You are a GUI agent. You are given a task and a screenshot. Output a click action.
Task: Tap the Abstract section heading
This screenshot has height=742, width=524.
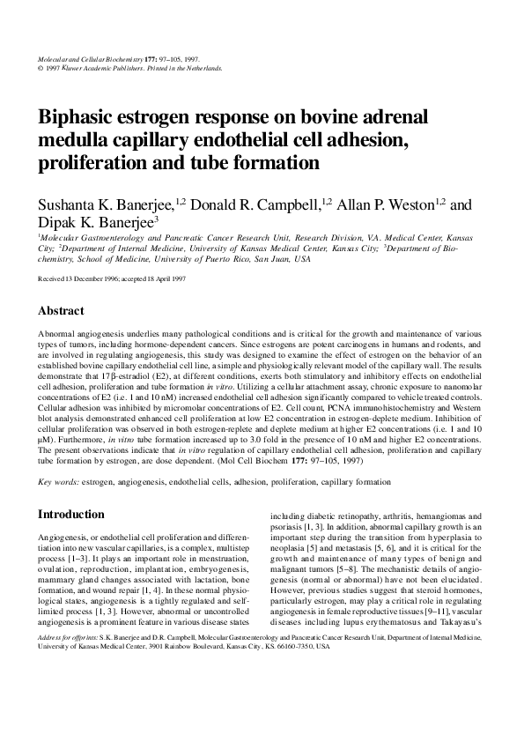click(x=61, y=311)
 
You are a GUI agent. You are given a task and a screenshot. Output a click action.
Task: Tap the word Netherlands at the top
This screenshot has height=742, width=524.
click(x=199, y=67)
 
